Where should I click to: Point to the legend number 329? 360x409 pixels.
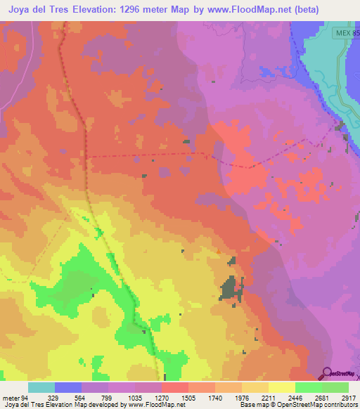[x=53, y=397]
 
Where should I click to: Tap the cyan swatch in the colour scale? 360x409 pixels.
[x=41, y=387]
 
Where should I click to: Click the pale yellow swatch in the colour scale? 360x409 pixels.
[x=282, y=387]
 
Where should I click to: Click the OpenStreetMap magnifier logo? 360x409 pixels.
[x=328, y=372]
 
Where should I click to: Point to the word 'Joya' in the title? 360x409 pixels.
[x=20, y=10]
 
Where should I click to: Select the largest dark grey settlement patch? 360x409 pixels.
[x=229, y=289]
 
